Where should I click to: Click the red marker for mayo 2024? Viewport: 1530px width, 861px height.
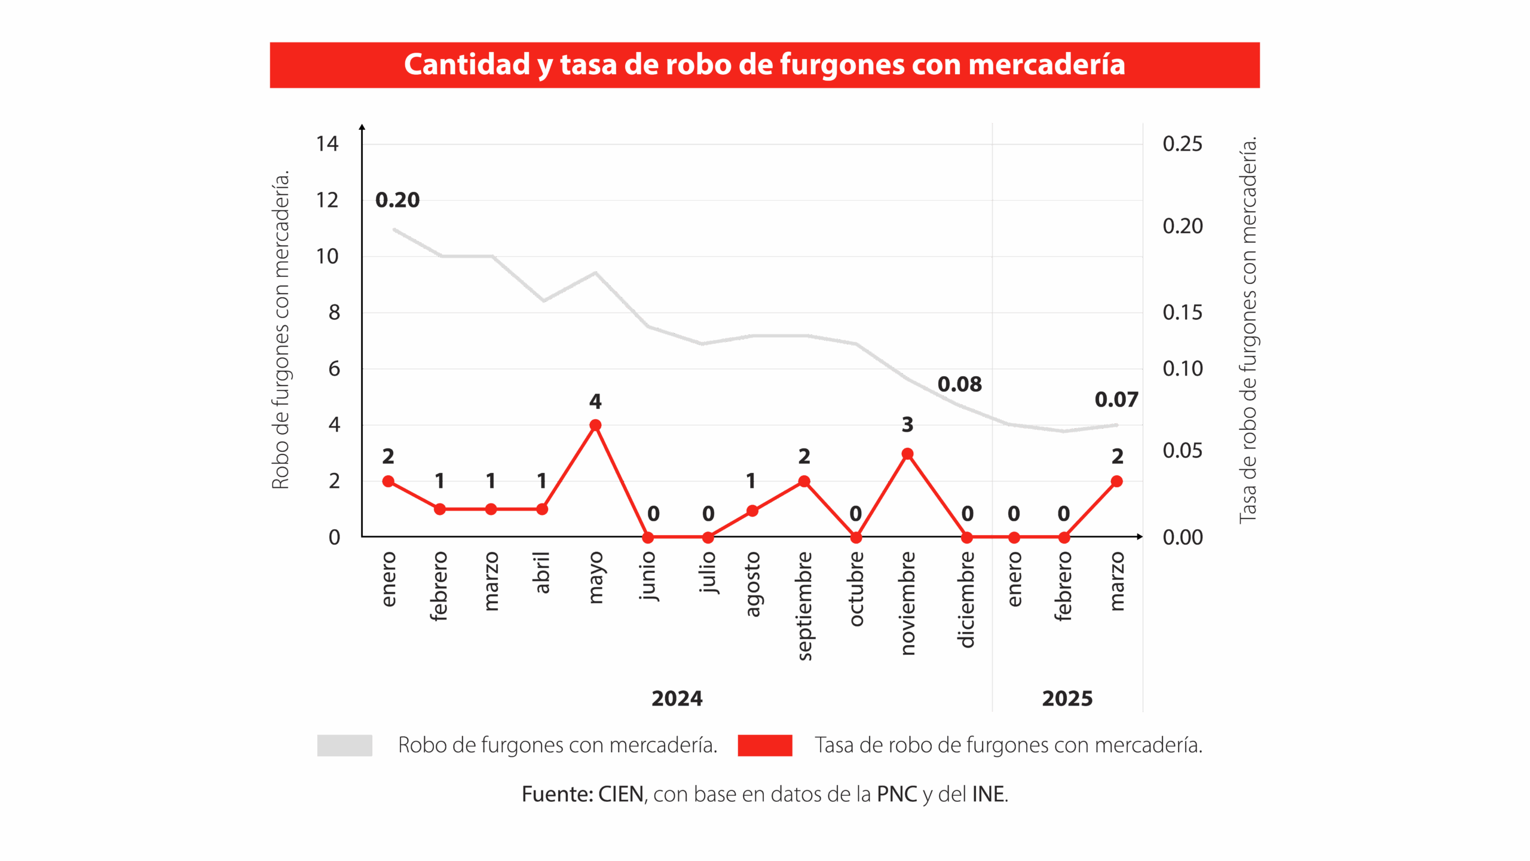[595, 425]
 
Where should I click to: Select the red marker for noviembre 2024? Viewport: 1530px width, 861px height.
[907, 454]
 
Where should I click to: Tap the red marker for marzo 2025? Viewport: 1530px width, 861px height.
[1116, 481]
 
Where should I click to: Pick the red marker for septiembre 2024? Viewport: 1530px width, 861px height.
[804, 481]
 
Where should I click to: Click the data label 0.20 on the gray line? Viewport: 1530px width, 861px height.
[397, 200]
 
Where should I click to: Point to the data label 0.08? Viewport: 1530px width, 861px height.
[959, 384]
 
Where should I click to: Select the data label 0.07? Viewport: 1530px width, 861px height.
[1116, 399]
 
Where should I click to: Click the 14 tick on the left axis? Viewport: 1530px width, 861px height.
[327, 143]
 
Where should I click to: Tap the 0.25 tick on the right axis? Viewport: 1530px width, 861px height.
[1182, 143]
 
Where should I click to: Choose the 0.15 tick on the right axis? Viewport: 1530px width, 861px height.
[1182, 312]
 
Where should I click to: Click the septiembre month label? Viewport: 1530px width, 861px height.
[804, 606]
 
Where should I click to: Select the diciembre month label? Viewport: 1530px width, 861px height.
[966, 599]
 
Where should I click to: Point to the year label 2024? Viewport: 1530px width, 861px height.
[677, 698]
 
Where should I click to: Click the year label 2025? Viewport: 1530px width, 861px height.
[1067, 698]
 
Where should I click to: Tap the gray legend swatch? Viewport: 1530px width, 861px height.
[344, 746]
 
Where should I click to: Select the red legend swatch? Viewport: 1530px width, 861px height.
[765, 746]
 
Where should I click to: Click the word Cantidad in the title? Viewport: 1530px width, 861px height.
[467, 65]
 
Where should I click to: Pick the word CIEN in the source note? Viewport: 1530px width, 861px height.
[621, 795]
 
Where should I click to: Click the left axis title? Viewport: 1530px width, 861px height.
[280, 330]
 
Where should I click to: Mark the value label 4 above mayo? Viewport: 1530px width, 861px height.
[595, 401]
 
